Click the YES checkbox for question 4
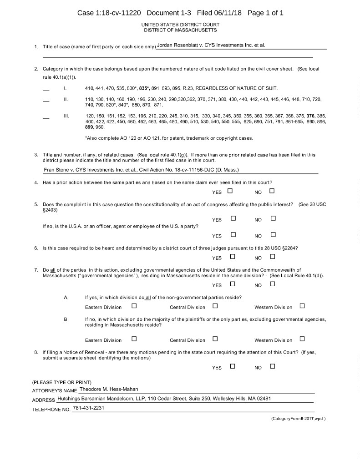[x=230, y=191]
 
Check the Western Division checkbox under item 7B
[x=302, y=339]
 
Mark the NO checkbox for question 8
[x=273, y=366]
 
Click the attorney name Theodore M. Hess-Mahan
[x=108, y=389]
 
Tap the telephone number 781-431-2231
[x=89, y=408]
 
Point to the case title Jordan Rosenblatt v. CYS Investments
[x=211, y=46]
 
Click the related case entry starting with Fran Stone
[x=141, y=170]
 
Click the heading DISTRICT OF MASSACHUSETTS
[x=180, y=30]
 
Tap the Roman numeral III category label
[x=66, y=116]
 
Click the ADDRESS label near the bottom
[x=44, y=400]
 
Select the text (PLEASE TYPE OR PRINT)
[x=62, y=382]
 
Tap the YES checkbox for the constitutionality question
[x=233, y=218]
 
